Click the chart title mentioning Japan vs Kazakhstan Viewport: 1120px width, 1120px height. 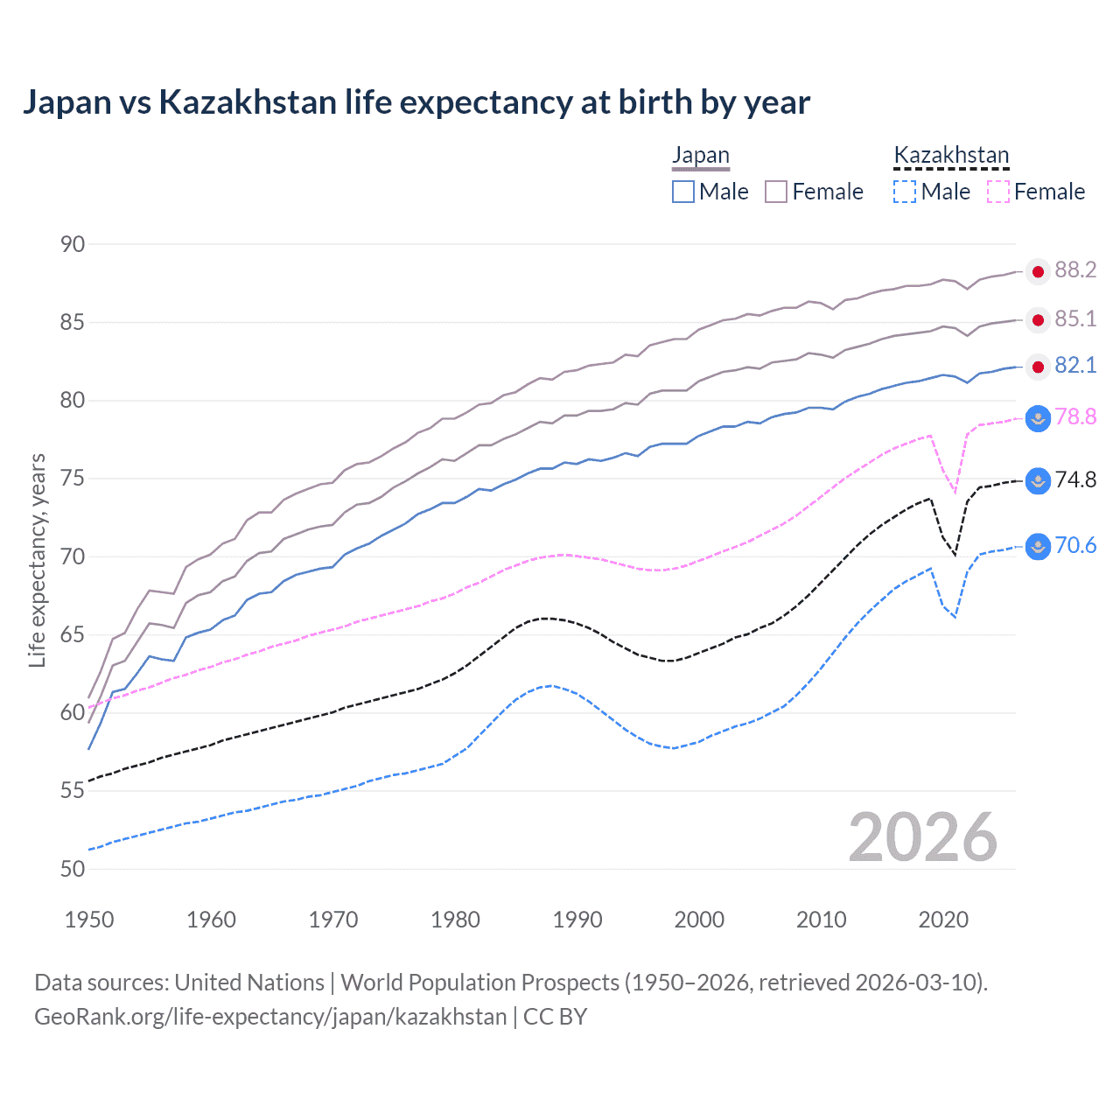[416, 102]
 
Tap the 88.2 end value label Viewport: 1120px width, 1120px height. [1075, 270]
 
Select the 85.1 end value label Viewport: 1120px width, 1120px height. [1075, 319]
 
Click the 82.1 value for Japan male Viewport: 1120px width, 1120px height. [1075, 366]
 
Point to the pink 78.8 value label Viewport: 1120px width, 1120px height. [1075, 417]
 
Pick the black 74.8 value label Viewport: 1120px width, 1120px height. [1075, 480]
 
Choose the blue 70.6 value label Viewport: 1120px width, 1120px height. [1075, 546]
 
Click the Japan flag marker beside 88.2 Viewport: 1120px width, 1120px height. [1038, 272]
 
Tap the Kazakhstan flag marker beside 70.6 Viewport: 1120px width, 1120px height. [1038, 547]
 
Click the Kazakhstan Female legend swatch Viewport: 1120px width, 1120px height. [998, 192]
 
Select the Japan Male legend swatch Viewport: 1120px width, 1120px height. [683, 192]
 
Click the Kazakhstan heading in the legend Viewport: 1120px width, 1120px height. [951, 156]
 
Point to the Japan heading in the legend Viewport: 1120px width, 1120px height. [700, 156]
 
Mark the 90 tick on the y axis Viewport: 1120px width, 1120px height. [73, 245]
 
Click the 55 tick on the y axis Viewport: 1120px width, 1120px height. [73, 791]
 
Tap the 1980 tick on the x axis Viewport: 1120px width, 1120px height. [455, 920]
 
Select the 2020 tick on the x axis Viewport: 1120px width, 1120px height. [943, 920]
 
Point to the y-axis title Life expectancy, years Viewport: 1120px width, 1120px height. [37, 560]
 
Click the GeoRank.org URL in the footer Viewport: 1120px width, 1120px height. [270, 1017]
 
